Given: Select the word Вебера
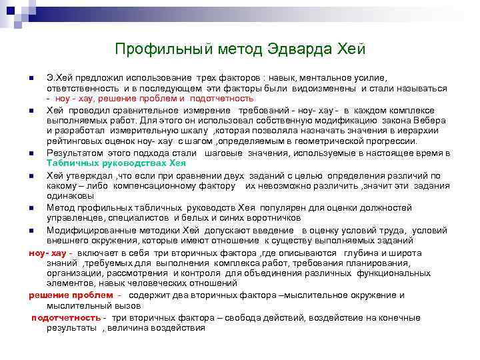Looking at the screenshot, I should (419, 119).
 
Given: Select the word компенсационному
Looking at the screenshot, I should (160, 186).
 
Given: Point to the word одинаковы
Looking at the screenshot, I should (69, 196).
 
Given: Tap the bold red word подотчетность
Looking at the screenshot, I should (66, 317).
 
